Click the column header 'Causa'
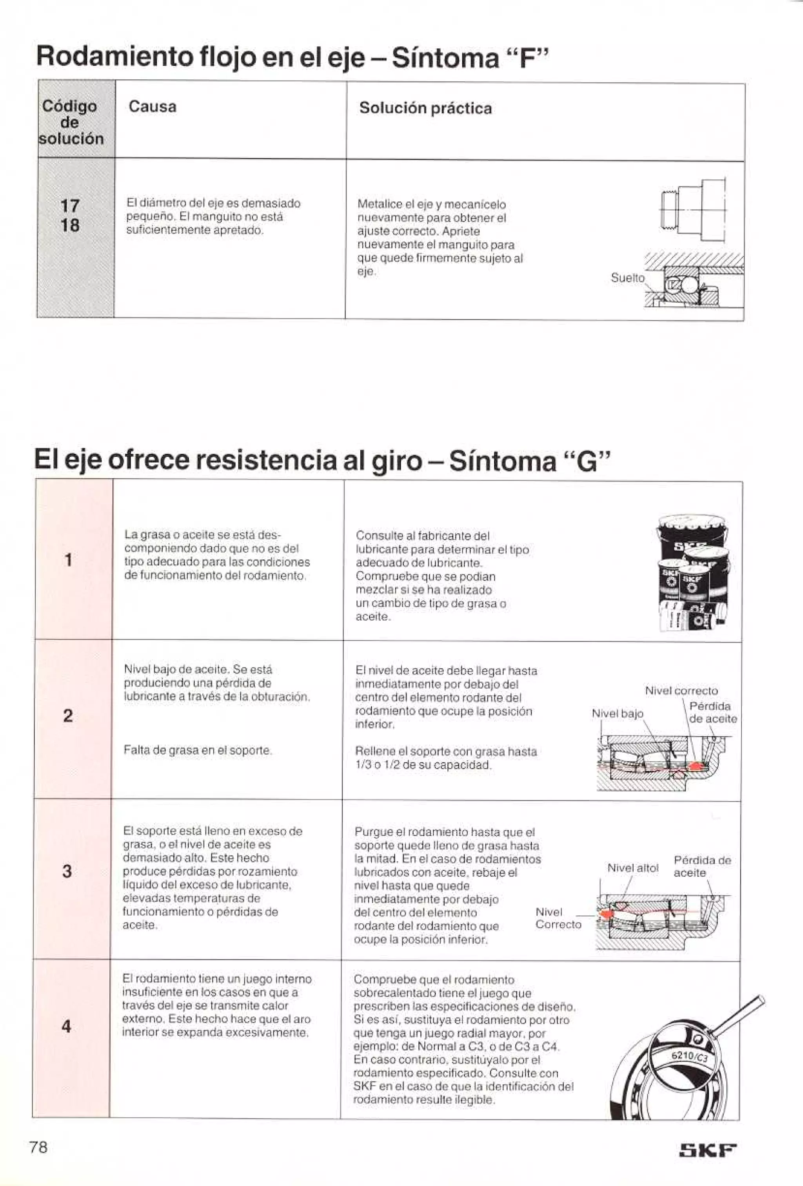click(153, 107)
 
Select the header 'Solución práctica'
click(425, 108)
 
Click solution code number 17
click(70, 206)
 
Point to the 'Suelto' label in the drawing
click(627, 278)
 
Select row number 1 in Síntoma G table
click(68, 560)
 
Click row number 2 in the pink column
click(68, 716)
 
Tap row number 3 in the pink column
click(67, 871)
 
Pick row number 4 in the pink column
click(66, 1026)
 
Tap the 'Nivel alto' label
click(632, 868)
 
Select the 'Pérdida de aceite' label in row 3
click(702, 866)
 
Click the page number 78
click(39, 1148)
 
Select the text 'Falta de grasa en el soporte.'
click(198, 750)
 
